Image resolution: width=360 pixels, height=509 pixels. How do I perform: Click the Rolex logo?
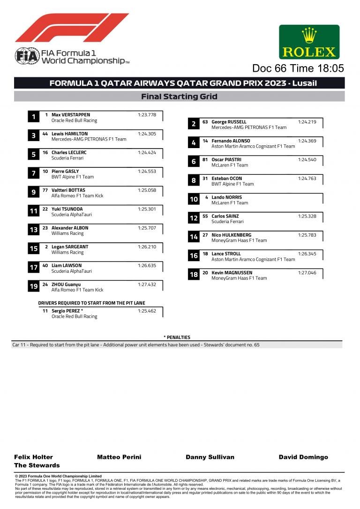[x=309, y=42]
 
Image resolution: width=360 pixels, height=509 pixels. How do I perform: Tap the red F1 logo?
[x=71, y=28]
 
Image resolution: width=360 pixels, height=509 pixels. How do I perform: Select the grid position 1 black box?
[x=34, y=117]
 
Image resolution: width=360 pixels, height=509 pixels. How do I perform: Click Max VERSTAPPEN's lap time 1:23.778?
[x=147, y=115]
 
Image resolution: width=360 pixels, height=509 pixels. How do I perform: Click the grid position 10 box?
[x=194, y=200]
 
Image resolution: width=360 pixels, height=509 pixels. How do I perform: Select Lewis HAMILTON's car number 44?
[x=45, y=134]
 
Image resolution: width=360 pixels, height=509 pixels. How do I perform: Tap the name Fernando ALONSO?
[x=231, y=141]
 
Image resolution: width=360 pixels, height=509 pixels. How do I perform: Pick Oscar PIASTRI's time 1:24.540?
[x=307, y=160]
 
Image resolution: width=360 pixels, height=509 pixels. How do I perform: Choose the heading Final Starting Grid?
[x=179, y=97]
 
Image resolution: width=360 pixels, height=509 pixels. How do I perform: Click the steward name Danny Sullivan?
[x=210, y=457]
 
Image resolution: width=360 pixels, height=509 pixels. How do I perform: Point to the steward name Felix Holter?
[x=33, y=457]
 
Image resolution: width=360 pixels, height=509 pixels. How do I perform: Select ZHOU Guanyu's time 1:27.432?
[x=147, y=284]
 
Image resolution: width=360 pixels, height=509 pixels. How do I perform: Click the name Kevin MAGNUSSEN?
[x=232, y=272]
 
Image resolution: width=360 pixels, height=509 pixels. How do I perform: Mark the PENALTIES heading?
[x=177, y=337]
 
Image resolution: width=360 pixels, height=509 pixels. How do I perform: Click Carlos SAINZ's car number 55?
[x=205, y=216]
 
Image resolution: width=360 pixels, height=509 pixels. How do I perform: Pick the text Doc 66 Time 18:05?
[x=298, y=68]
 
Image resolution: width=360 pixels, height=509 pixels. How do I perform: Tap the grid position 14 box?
[x=194, y=237]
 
